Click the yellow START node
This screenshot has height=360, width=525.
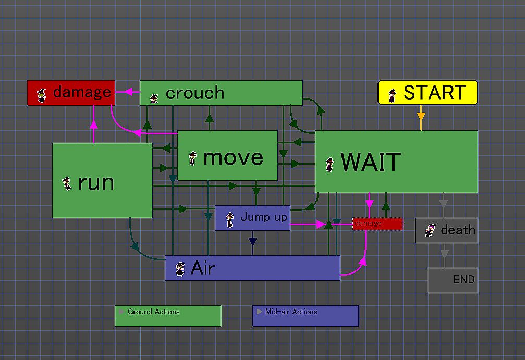click(x=428, y=93)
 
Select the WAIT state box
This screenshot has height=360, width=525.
click(x=396, y=162)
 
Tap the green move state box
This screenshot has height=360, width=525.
click(x=227, y=155)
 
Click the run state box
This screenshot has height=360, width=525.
click(x=102, y=180)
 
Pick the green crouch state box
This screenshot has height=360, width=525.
click(x=221, y=93)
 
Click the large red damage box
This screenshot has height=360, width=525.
click(x=71, y=93)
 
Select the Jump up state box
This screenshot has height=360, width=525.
click(x=253, y=218)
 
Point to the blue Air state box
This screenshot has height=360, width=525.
click(x=252, y=268)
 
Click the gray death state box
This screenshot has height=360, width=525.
click(x=446, y=230)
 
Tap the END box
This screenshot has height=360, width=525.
click(x=453, y=280)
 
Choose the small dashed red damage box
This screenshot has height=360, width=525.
click(x=377, y=224)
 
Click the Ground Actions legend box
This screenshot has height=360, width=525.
click(x=168, y=316)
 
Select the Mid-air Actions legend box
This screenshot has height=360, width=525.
click(x=306, y=316)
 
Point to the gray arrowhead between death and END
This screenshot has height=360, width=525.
click(x=444, y=254)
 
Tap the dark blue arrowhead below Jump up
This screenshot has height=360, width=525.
click(x=253, y=241)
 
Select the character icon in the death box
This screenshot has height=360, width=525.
click(x=430, y=230)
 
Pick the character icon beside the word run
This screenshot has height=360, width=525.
click(x=67, y=183)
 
